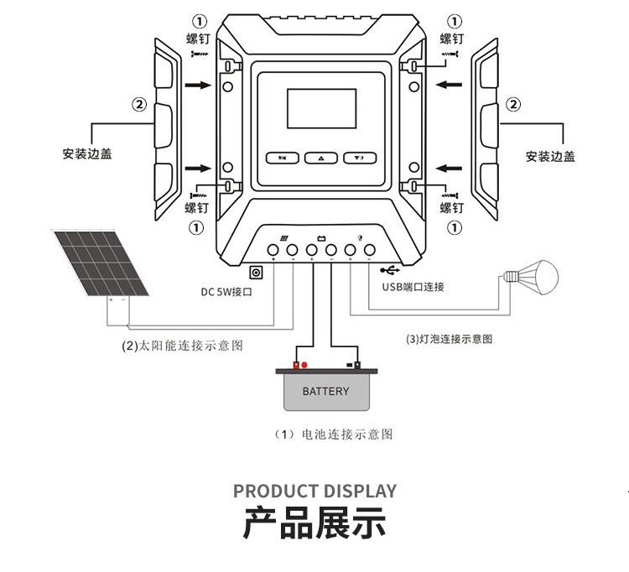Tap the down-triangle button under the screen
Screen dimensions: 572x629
[357, 158]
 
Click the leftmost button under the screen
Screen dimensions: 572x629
[283, 158]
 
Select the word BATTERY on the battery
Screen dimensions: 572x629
[325, 392]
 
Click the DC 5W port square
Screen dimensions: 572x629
[257, 272]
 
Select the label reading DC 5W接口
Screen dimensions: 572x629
[226, 293]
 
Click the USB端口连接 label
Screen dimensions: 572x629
[413, 287]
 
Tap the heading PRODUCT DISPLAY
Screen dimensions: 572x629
[314, 491]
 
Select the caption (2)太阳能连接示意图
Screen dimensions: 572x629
[183, 346]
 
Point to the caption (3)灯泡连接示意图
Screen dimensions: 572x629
[449, 339]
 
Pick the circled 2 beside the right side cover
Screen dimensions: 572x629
[512, 105]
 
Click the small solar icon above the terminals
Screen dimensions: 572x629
[284, 237]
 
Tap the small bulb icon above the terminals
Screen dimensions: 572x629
[359, 237]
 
